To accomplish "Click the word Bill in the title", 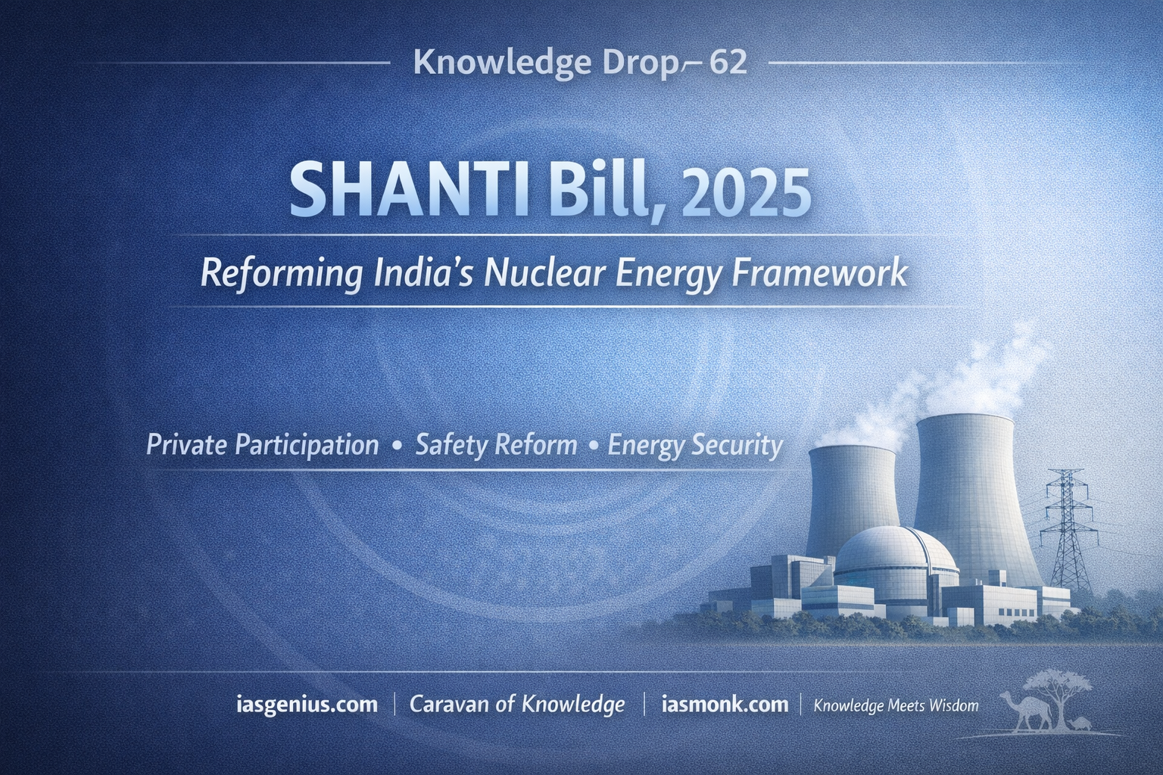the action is [597, 190].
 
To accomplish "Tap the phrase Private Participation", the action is [263, 446].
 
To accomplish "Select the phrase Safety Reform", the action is [497, 446].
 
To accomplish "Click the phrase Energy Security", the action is [694, 446].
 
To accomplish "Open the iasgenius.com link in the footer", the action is [307, 705].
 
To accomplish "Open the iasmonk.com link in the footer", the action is [725, 705].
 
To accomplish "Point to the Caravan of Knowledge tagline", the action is [517, 705].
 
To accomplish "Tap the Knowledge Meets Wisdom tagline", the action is [896, 706].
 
